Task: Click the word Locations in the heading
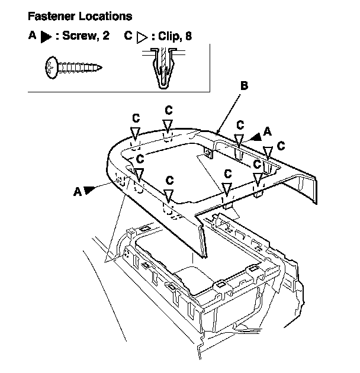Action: [x=105, y=16]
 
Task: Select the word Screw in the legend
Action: [x=81, y=36]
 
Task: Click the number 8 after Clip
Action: [x=188, y=36]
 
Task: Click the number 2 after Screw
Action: [x=106, y=36]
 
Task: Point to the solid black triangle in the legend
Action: [x=46, y=37]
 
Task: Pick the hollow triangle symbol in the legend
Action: [x=142, y=37]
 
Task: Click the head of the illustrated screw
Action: [x=52, y=67]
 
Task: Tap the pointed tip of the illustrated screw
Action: [x=102, y=67]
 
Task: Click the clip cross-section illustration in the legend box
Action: [x=163, y=68]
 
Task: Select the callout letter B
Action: [x=244, y=86]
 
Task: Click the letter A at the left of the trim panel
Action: [x=78, y=191]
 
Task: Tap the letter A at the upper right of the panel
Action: [x=268, y=131]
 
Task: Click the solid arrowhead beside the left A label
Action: [x=89, y=190]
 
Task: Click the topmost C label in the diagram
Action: [x=169, y=110]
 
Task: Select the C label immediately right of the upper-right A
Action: [x=281, y=146]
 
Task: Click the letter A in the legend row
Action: [x=33, y=36]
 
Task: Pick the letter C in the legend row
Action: [x=128, y=36]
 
